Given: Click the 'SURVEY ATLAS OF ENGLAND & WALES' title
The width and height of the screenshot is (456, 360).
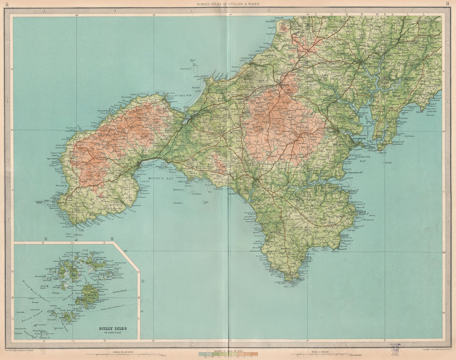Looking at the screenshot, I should [228, 4].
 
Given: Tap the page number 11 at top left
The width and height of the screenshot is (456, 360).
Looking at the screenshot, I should [7, 4].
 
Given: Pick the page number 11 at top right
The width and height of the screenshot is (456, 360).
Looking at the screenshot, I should [449, 4].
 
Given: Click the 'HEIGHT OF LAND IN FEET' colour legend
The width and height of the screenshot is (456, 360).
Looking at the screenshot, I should [228, 354].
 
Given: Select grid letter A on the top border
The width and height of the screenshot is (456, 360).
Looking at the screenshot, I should [45, 10].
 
